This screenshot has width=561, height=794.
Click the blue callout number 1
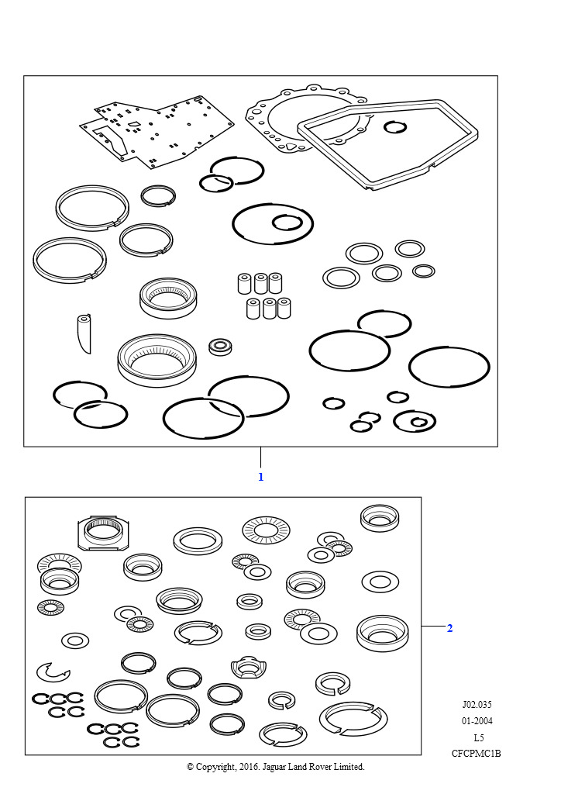pyautogui.click(x=260, y=477)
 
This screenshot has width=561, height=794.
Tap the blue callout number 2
pyautogui.click(x=449, y=628)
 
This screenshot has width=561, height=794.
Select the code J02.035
pyautogui.click(x=477, y=704)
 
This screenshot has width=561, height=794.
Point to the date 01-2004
pyautogui.click(x=477, y=720)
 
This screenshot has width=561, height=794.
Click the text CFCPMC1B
pyautogui.click(x=476, y=754)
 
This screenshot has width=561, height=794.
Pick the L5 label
pyautogui.click(x=478, y=737)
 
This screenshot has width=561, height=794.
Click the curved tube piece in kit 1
pyautogui.click(x=84, y=333)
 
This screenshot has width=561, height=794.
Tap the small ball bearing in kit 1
pyautogui.click(x=220, y=347)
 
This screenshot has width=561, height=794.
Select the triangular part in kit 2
pyautogui.click(x=248, y=668)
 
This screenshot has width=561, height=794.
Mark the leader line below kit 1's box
pyautogui.click(x=260, y=457)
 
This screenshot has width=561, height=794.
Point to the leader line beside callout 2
pyautogui.click(x=433, y=627)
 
